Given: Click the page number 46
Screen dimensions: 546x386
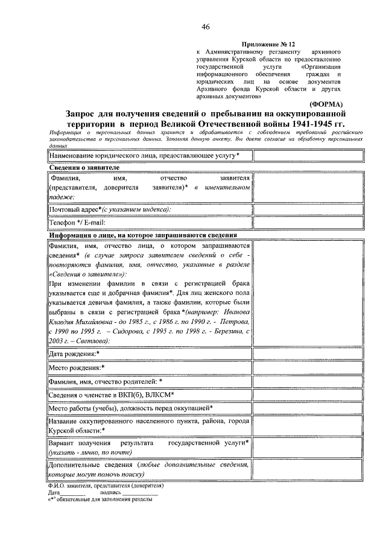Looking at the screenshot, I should [x=206, y=27].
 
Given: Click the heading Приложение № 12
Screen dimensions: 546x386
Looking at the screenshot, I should [x=269, y=45].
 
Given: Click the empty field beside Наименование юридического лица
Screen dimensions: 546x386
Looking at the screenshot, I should [x=308, y=156].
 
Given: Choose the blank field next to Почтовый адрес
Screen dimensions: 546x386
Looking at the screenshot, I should [x=308, y=209].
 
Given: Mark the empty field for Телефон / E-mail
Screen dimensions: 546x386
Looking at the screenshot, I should [x=308, y=223].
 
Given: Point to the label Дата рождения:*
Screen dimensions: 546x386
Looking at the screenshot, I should [x=74, y=354].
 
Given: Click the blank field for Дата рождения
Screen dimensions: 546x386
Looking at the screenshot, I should [x=308, y=354].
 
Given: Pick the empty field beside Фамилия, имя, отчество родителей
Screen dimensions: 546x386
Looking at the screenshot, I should [x=308, y=381].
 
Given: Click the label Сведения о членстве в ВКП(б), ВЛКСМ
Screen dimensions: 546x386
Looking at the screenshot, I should [x=112, y=395].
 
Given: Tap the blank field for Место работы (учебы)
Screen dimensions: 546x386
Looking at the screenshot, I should [x=308, y=408].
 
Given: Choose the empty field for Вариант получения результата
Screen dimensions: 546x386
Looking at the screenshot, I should [x=308, y=447].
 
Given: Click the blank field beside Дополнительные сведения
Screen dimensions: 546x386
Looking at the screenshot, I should [x=308, y=470].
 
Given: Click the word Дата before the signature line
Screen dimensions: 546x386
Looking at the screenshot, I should [x=55, y=493].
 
